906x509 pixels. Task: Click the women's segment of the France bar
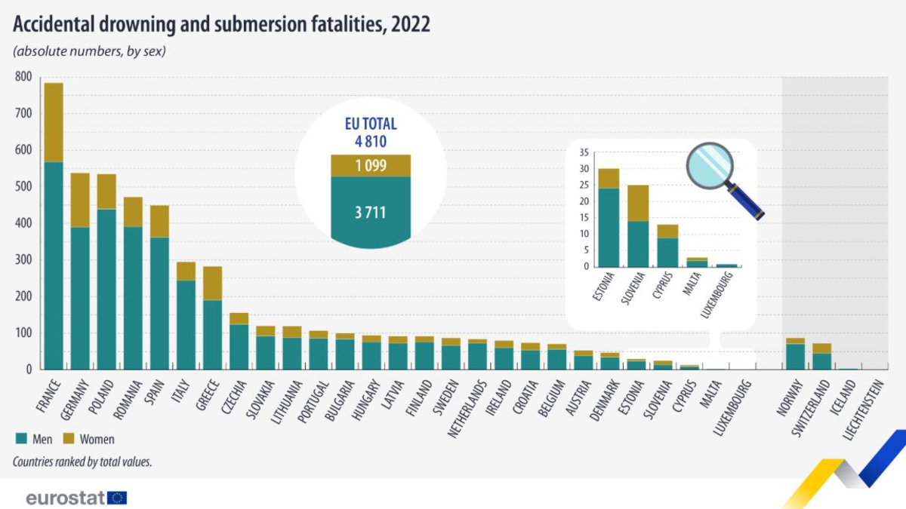54,122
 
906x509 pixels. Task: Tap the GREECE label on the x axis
208,397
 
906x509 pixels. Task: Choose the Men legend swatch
20,438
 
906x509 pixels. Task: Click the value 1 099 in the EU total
370,166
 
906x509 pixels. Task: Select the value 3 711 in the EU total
370,212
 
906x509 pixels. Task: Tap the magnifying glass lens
710,164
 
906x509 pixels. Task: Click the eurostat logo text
64,498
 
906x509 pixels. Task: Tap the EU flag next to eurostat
117,498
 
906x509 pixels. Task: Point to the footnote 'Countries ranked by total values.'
82,461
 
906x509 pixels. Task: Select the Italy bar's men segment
186,324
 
